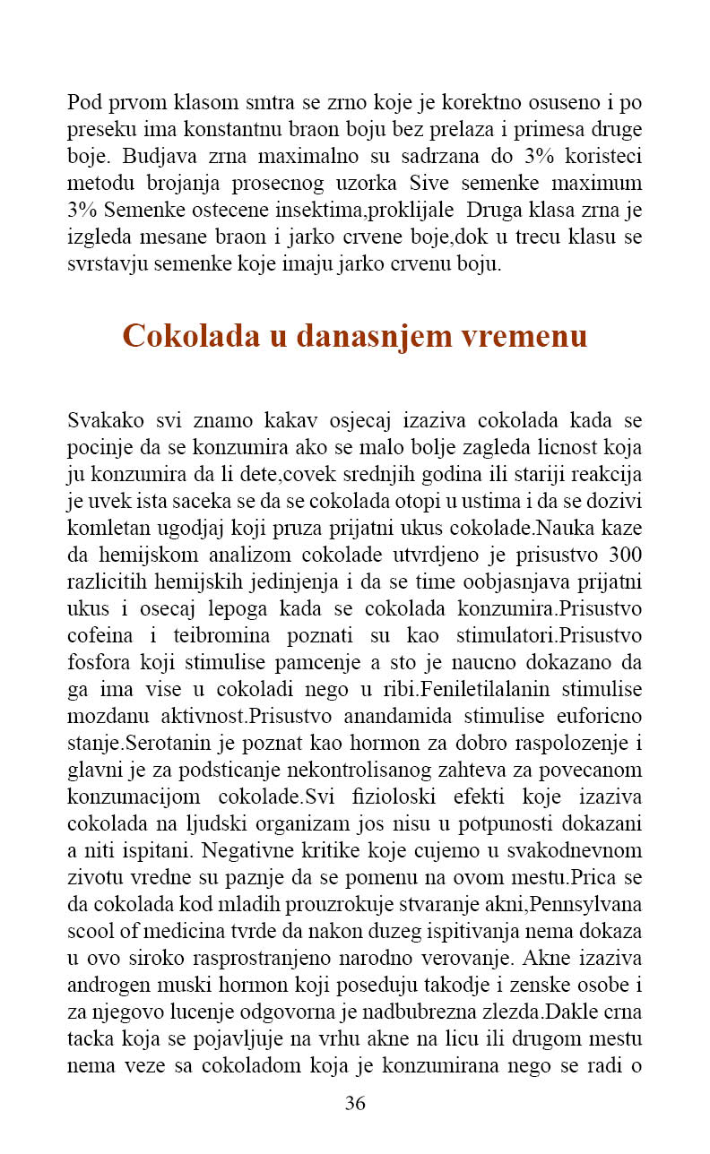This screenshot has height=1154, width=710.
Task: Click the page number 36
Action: tap(355, 1103)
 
